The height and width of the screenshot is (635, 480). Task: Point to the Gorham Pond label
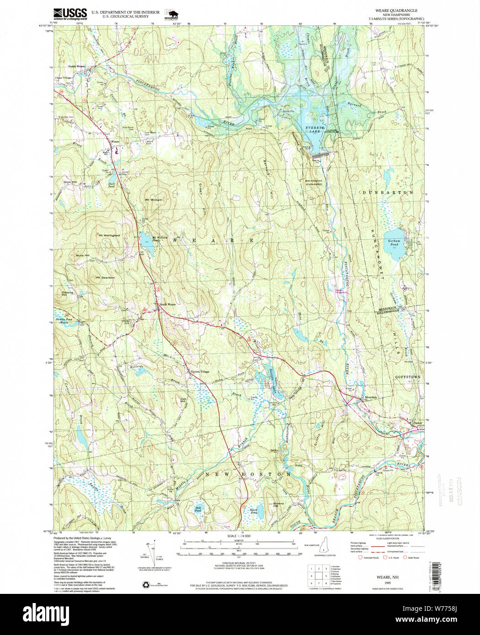tap(394, 243)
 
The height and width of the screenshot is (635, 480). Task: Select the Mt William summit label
tap(154, 200)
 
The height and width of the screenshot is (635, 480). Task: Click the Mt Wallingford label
tap(109, 235)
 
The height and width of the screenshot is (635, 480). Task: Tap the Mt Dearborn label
tap(105, 277)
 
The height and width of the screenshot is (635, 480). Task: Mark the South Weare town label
tap(167, 304)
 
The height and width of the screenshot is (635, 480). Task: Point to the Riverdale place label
tap(371, 397)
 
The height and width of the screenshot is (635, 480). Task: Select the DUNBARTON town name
tap(388, 193)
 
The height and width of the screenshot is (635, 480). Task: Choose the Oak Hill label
tap(183, 400)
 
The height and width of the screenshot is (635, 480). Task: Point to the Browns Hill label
tap(278, 505)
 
